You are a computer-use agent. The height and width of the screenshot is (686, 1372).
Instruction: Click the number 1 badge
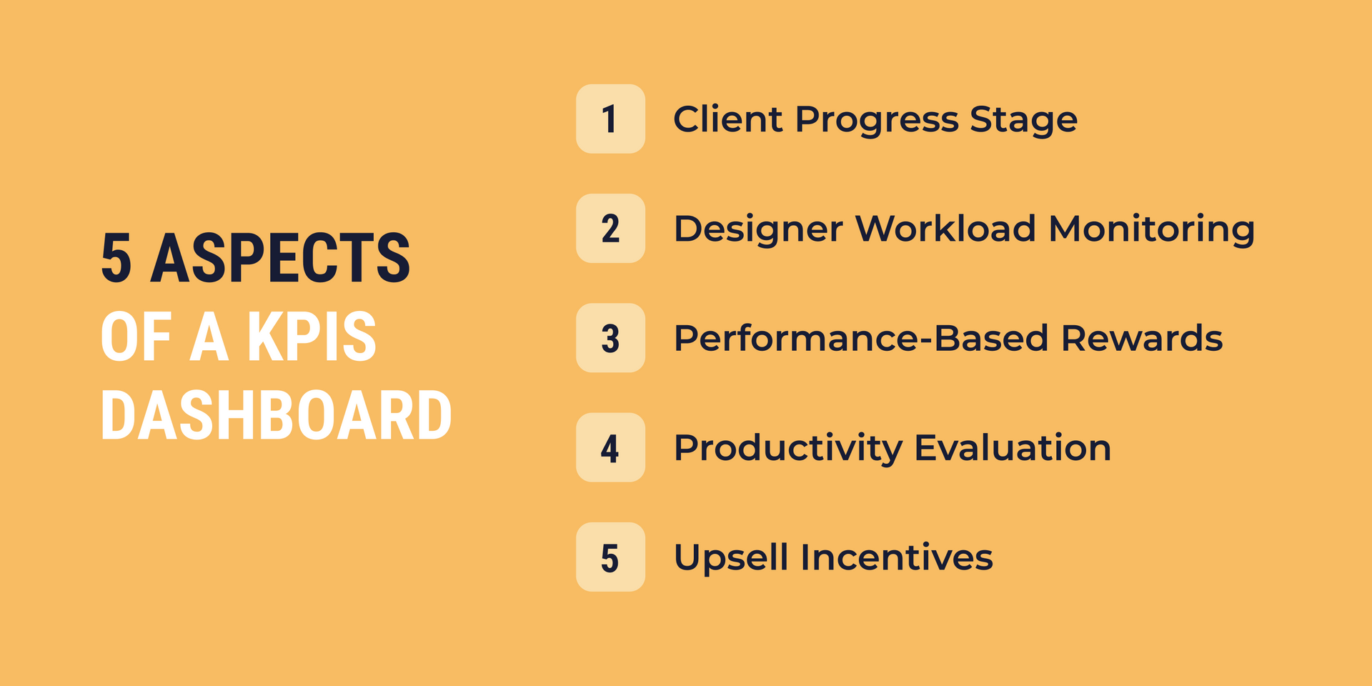610,119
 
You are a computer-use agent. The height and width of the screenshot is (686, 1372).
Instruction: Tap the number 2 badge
610,229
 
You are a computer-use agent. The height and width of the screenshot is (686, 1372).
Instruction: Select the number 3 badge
610,338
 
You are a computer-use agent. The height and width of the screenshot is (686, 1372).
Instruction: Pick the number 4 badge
610,447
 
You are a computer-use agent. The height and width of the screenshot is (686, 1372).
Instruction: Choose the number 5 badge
610,557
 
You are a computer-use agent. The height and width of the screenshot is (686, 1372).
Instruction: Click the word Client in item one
727,119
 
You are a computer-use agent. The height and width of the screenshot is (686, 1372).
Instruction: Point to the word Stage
1023,120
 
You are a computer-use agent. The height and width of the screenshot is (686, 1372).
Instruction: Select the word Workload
945,229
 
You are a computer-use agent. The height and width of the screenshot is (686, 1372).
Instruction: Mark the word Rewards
1141,338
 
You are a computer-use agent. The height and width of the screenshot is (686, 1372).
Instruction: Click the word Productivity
787,449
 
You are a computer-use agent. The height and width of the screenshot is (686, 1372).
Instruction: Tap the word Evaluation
1013,447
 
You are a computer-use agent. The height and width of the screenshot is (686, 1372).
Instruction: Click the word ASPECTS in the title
280,259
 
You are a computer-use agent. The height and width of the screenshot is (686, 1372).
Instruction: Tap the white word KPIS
311,337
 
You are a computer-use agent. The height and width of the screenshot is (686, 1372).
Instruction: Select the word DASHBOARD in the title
276,416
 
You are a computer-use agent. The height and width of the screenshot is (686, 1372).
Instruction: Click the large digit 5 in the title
116,259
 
